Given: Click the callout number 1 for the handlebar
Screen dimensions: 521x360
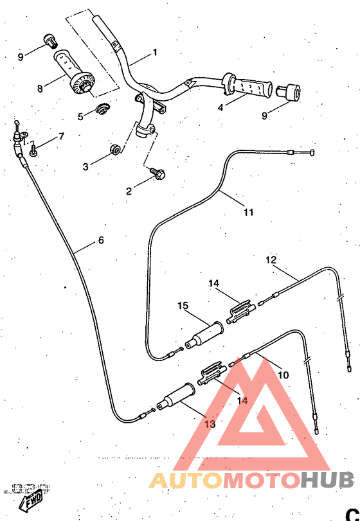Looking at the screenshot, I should pos(154,51).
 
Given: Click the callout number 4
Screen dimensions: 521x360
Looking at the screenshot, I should pos(220,108).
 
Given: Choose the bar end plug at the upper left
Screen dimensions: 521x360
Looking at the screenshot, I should pos(48,40).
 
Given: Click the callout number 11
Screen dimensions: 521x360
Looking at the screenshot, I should pos(248,212).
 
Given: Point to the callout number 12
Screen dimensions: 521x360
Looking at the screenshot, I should pos(271,260).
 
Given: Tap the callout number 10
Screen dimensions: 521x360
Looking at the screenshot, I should pos(283,375).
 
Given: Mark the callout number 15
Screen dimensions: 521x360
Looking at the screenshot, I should pos(183,305).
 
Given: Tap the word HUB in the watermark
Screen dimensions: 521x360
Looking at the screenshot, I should pos(327,480).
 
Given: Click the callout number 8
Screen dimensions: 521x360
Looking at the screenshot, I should pos(39,88).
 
